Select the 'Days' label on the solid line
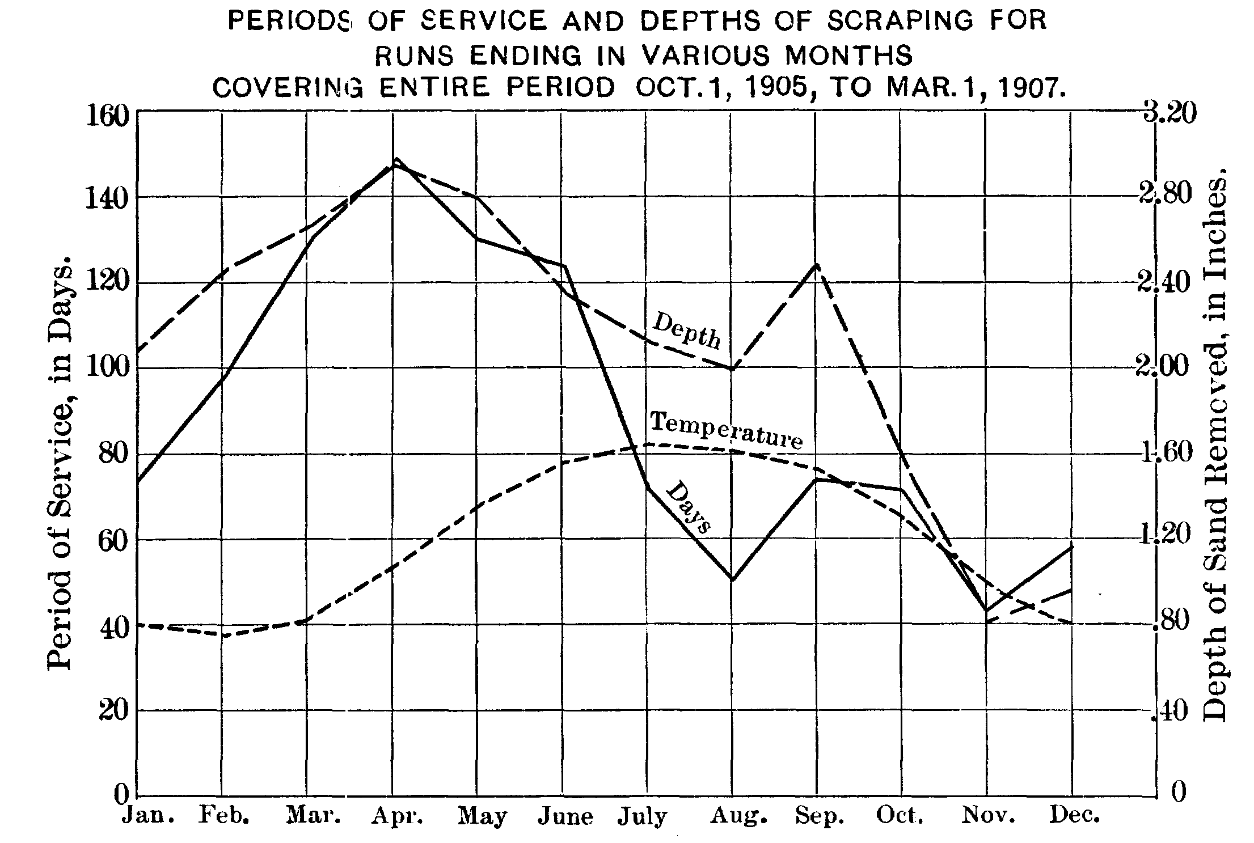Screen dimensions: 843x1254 [687, 507]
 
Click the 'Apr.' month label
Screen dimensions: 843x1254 [397, 816]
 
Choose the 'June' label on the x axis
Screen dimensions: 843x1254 [565, 817]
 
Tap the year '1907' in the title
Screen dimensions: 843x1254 [1027, 89]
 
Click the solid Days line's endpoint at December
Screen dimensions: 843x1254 [1071, 547]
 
